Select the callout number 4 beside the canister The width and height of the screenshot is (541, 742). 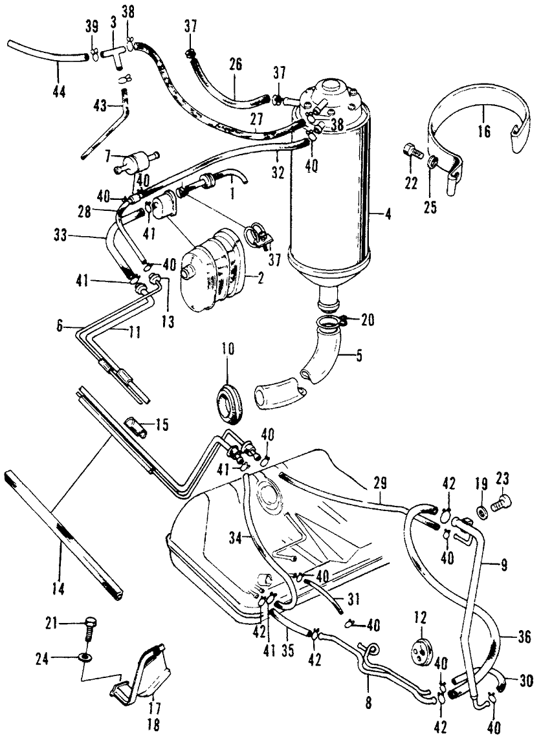(x=386, y=214)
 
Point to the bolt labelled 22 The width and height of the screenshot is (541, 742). (x=410, y=152)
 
